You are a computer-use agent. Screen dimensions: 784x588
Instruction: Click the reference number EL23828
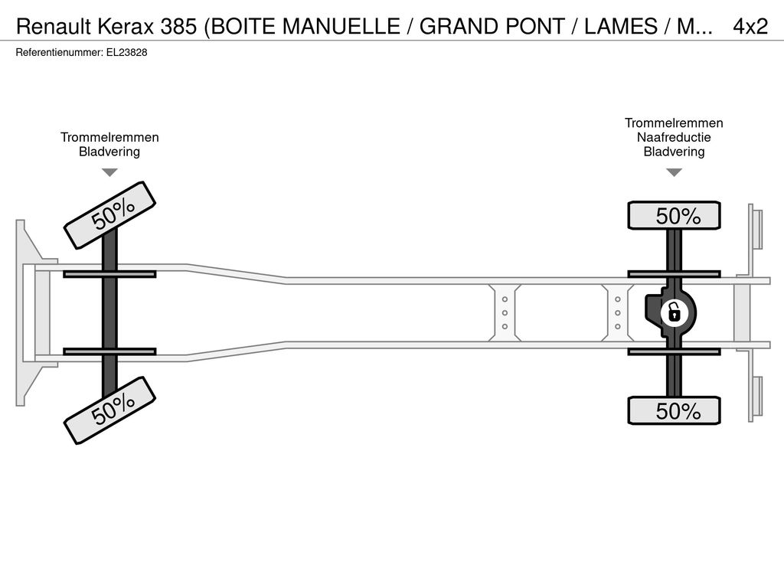point(126,53)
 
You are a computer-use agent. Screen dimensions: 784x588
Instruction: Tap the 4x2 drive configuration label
point(750,27)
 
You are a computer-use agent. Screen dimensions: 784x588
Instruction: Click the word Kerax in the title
point(126,27)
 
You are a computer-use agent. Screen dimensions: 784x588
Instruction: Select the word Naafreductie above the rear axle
point(674,137)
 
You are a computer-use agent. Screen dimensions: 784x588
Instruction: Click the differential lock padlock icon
point(674,313)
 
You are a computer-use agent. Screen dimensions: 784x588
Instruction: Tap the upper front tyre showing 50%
point(109,215)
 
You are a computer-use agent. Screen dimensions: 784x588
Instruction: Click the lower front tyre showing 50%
point(109,410)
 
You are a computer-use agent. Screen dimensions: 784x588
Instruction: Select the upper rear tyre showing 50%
point(674,215)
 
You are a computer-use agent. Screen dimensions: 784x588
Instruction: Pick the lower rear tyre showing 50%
point(674,410)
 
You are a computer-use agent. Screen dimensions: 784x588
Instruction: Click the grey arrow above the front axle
point(109,172)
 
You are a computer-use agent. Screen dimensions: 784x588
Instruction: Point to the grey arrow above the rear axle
point(674,172)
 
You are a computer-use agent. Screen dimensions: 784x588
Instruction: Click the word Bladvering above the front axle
point(109,152)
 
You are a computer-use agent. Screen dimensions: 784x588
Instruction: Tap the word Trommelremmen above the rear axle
point(674,122)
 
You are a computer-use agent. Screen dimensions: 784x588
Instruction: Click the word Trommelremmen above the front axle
point(109,137)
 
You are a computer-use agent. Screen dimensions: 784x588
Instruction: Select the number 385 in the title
point(178,27)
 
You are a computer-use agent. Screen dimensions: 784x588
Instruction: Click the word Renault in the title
point(54,27)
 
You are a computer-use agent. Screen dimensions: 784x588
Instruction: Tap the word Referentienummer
point(60,53)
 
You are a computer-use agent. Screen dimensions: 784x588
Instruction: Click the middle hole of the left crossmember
point(505,313)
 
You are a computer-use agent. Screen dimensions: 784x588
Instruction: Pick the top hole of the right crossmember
point(618,299)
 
